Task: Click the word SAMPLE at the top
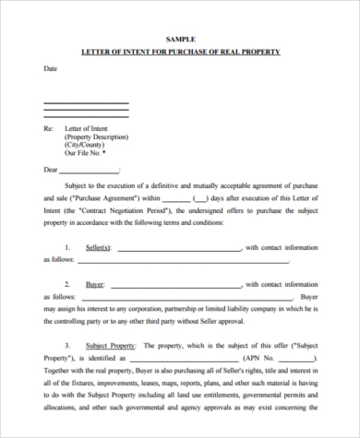(x=180, y=39)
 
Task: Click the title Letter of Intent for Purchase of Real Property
(x=180, y=52)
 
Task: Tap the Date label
(x=51, y=68)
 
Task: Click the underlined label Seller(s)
(x=98, y=247)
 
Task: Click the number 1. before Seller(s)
(x=67, y=247)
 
